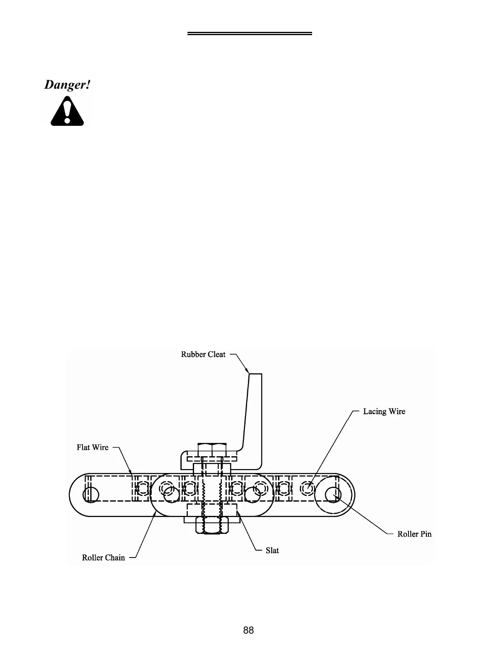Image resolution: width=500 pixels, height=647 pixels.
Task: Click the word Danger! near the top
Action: pyautogui.click(x=67, y=85)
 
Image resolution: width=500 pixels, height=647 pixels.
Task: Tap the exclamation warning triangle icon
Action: pyautogui.click(x=67, y=111)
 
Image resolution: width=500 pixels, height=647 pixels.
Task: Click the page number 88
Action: pyautogui.click(x=248, y=630)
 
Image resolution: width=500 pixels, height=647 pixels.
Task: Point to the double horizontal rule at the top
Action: pyautogui.click(x=250, y=33)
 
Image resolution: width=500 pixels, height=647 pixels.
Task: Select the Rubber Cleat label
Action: pyautogui.click(x=203, y=355)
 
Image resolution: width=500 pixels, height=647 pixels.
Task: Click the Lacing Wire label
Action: pyautogui.click(x=384, y=411)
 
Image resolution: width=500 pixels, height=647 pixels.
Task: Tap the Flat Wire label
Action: pyautogui.click(x=93, y=447)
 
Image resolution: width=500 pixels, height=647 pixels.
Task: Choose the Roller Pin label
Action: pyautogui.click(x=414, y=534)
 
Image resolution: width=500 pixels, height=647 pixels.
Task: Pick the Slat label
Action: pyautogui.click(x=272, y=550)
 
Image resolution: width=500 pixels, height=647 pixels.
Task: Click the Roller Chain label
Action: pyautogui.click(x=103, y=558)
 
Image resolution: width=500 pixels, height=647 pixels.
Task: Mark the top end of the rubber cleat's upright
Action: pyautogui.click(x=255, y=375)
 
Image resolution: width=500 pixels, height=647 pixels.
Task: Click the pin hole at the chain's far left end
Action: pyautogui.click(x=90, y=495)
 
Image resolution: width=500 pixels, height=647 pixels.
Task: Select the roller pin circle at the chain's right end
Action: pyautogui.click(x=333, y=495)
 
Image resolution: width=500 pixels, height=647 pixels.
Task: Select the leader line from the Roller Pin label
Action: pyautogui.click(x=362, y=515)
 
